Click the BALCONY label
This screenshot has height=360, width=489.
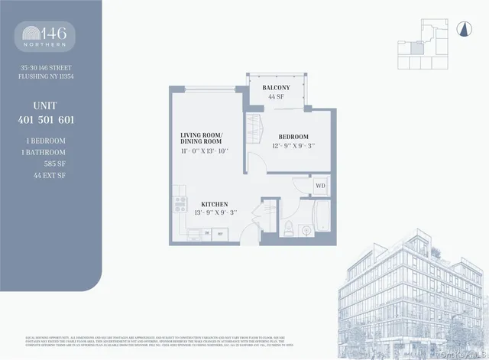pyautogui.click(x=275, y=88)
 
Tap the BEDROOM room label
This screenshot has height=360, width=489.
pyautogui.click(x=293, y=136)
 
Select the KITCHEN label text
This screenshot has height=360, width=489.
pyautogui.click(x=215, y=204)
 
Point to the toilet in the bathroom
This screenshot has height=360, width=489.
pyautogui.click(x=286, y=226)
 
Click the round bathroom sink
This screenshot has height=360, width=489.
pyautogui.click(x=305, y=228)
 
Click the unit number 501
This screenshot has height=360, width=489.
pyautogui.click(x=51, y=119)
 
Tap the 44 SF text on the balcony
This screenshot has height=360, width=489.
pyautogui.click(x=275, y=97)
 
